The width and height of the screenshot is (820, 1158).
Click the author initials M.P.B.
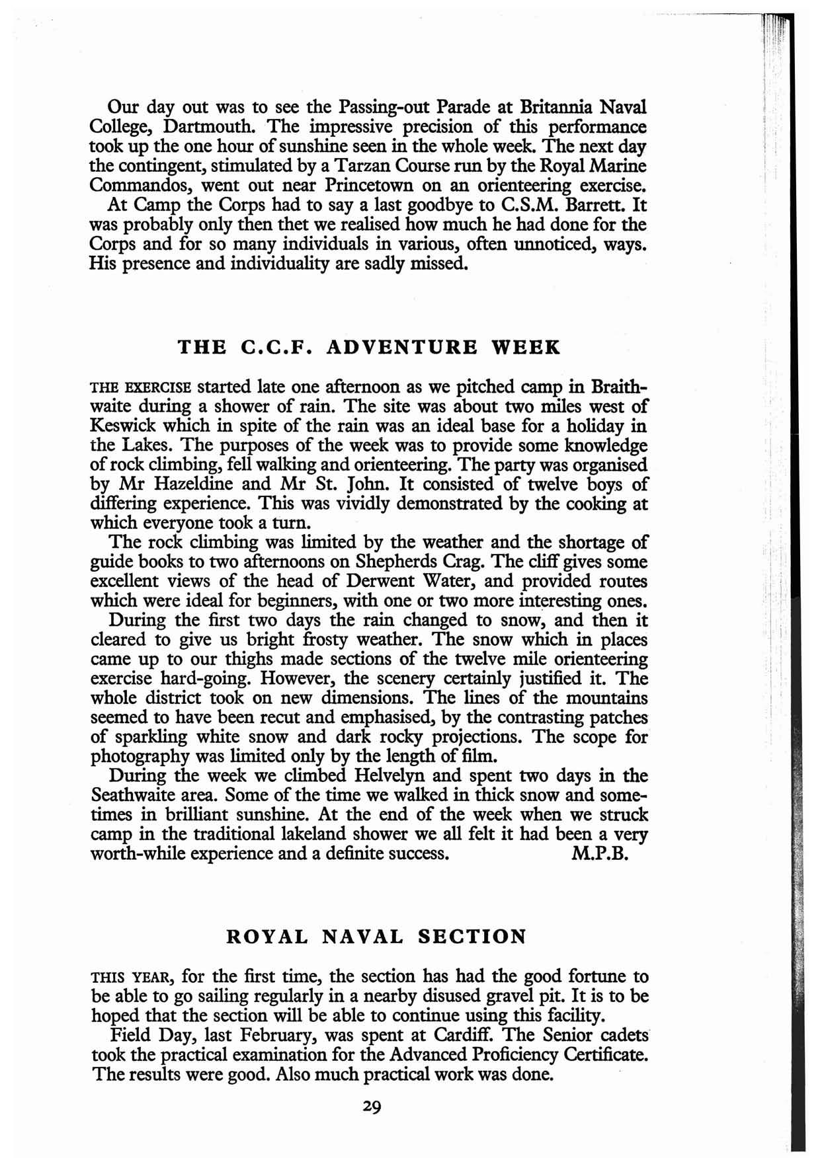coord(598,853)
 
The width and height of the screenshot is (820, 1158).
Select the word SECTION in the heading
coord(473,937)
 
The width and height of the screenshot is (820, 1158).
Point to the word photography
coord(139,755)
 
